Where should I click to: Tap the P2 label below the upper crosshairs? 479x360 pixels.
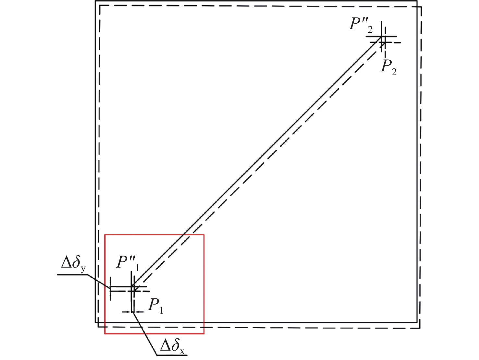(389, 67)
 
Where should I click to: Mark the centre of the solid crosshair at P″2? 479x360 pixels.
(381, 37)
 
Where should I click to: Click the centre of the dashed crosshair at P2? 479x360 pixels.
(385, 42)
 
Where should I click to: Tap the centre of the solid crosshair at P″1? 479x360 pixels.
(131, 286)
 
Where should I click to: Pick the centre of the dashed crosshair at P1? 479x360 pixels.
(134, 291)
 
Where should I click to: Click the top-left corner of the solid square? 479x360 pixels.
(96, 1)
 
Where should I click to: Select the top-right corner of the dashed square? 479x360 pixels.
(421, 7)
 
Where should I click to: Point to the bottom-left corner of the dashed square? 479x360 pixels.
(98, 327)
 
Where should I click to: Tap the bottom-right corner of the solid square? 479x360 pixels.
(417, 322)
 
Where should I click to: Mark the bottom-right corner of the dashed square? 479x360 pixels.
(420, 329)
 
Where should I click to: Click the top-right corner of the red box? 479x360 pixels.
(204, 235)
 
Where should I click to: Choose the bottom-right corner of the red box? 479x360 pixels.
(204, 334)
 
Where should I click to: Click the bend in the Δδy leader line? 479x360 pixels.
(88, 275)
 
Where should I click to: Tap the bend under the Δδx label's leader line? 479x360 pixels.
(157, 355)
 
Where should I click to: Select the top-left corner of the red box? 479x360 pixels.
(105, 235)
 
